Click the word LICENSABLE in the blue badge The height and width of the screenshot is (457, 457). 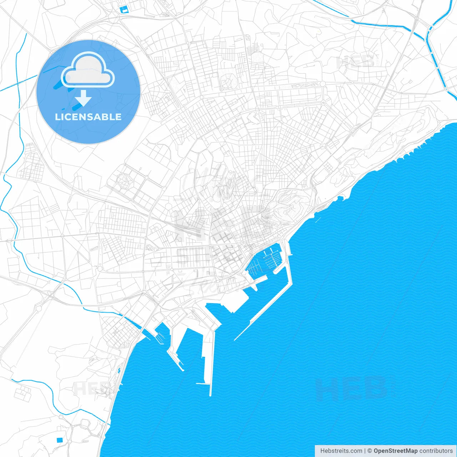point(88,117)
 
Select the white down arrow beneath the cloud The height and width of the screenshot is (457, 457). point(84,98)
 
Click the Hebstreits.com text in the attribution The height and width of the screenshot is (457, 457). point(341,451)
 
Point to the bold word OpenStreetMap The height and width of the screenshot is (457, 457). point(395,451)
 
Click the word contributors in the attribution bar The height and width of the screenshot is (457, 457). point(436,451)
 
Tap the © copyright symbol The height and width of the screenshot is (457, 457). point(370,451)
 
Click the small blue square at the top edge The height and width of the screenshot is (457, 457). point(124,10)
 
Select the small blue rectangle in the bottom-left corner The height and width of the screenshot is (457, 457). point(59,440)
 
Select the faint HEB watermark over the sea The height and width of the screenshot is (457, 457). point(352,389)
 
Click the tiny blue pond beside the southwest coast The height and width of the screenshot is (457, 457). point(119,370)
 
